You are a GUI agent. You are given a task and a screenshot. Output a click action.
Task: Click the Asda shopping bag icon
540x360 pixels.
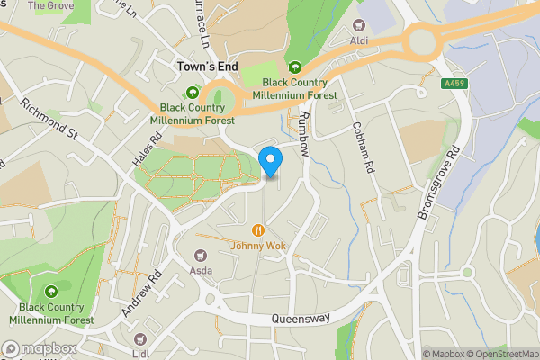click(200, 253)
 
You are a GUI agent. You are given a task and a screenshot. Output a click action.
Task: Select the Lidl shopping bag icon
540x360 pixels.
click(139, 338)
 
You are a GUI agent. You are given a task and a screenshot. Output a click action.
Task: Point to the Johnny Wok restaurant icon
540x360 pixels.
click(258, 229)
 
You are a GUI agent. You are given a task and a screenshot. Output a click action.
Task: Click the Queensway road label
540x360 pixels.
click(301, 319)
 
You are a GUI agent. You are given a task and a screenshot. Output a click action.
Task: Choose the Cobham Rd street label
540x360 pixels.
click(363, 148)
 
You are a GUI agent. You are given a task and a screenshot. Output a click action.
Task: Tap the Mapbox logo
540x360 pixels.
click(40, 348)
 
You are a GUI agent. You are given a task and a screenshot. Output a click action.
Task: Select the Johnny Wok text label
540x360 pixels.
click(258, 245)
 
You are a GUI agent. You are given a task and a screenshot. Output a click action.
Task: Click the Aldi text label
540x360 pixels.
click(360, 41)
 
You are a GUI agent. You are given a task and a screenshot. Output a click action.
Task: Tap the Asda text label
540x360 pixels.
click(200, 269)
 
